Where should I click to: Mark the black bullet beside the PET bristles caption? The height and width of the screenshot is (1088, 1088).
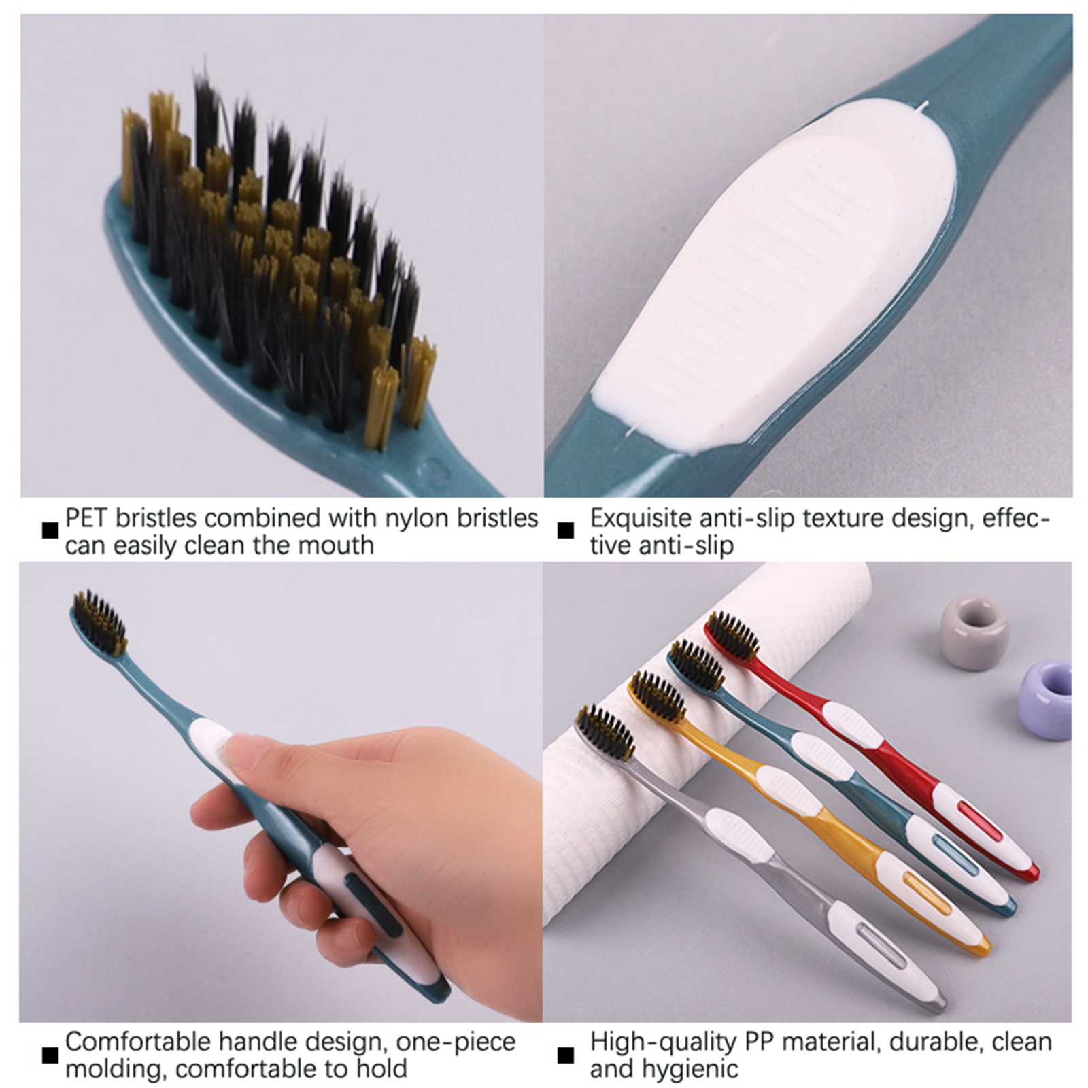tap(50, 530)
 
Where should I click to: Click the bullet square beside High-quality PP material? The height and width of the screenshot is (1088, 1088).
tap(565, 1055)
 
